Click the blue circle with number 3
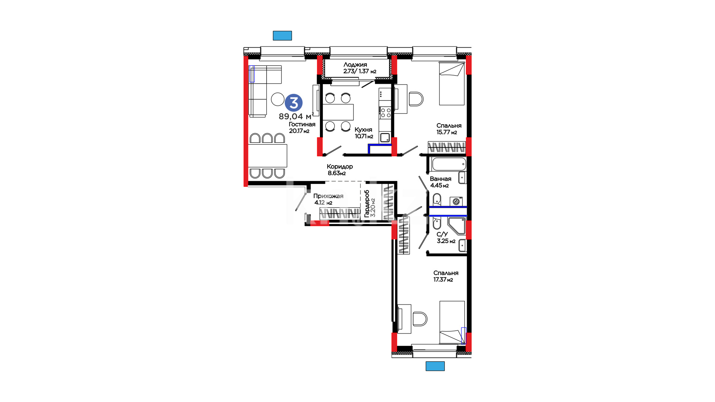point(294,103)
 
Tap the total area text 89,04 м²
point(296,117)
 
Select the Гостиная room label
point(302,124)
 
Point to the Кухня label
point(363,130)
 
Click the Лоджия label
point(355,65)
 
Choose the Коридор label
point(340,166)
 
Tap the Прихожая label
point(328,196)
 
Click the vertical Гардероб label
point(367,204)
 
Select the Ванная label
point(441,179)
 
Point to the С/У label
point(442,234)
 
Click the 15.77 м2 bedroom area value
point(447,132)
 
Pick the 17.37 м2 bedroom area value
point(443,280)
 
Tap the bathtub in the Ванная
point(448,164)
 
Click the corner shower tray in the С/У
point(457,226)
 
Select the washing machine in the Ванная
point(456,201)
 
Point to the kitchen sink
point(385,137)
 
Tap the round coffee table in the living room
point(278,99)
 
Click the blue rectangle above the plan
point(282,36)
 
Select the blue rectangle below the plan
point(435,366)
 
